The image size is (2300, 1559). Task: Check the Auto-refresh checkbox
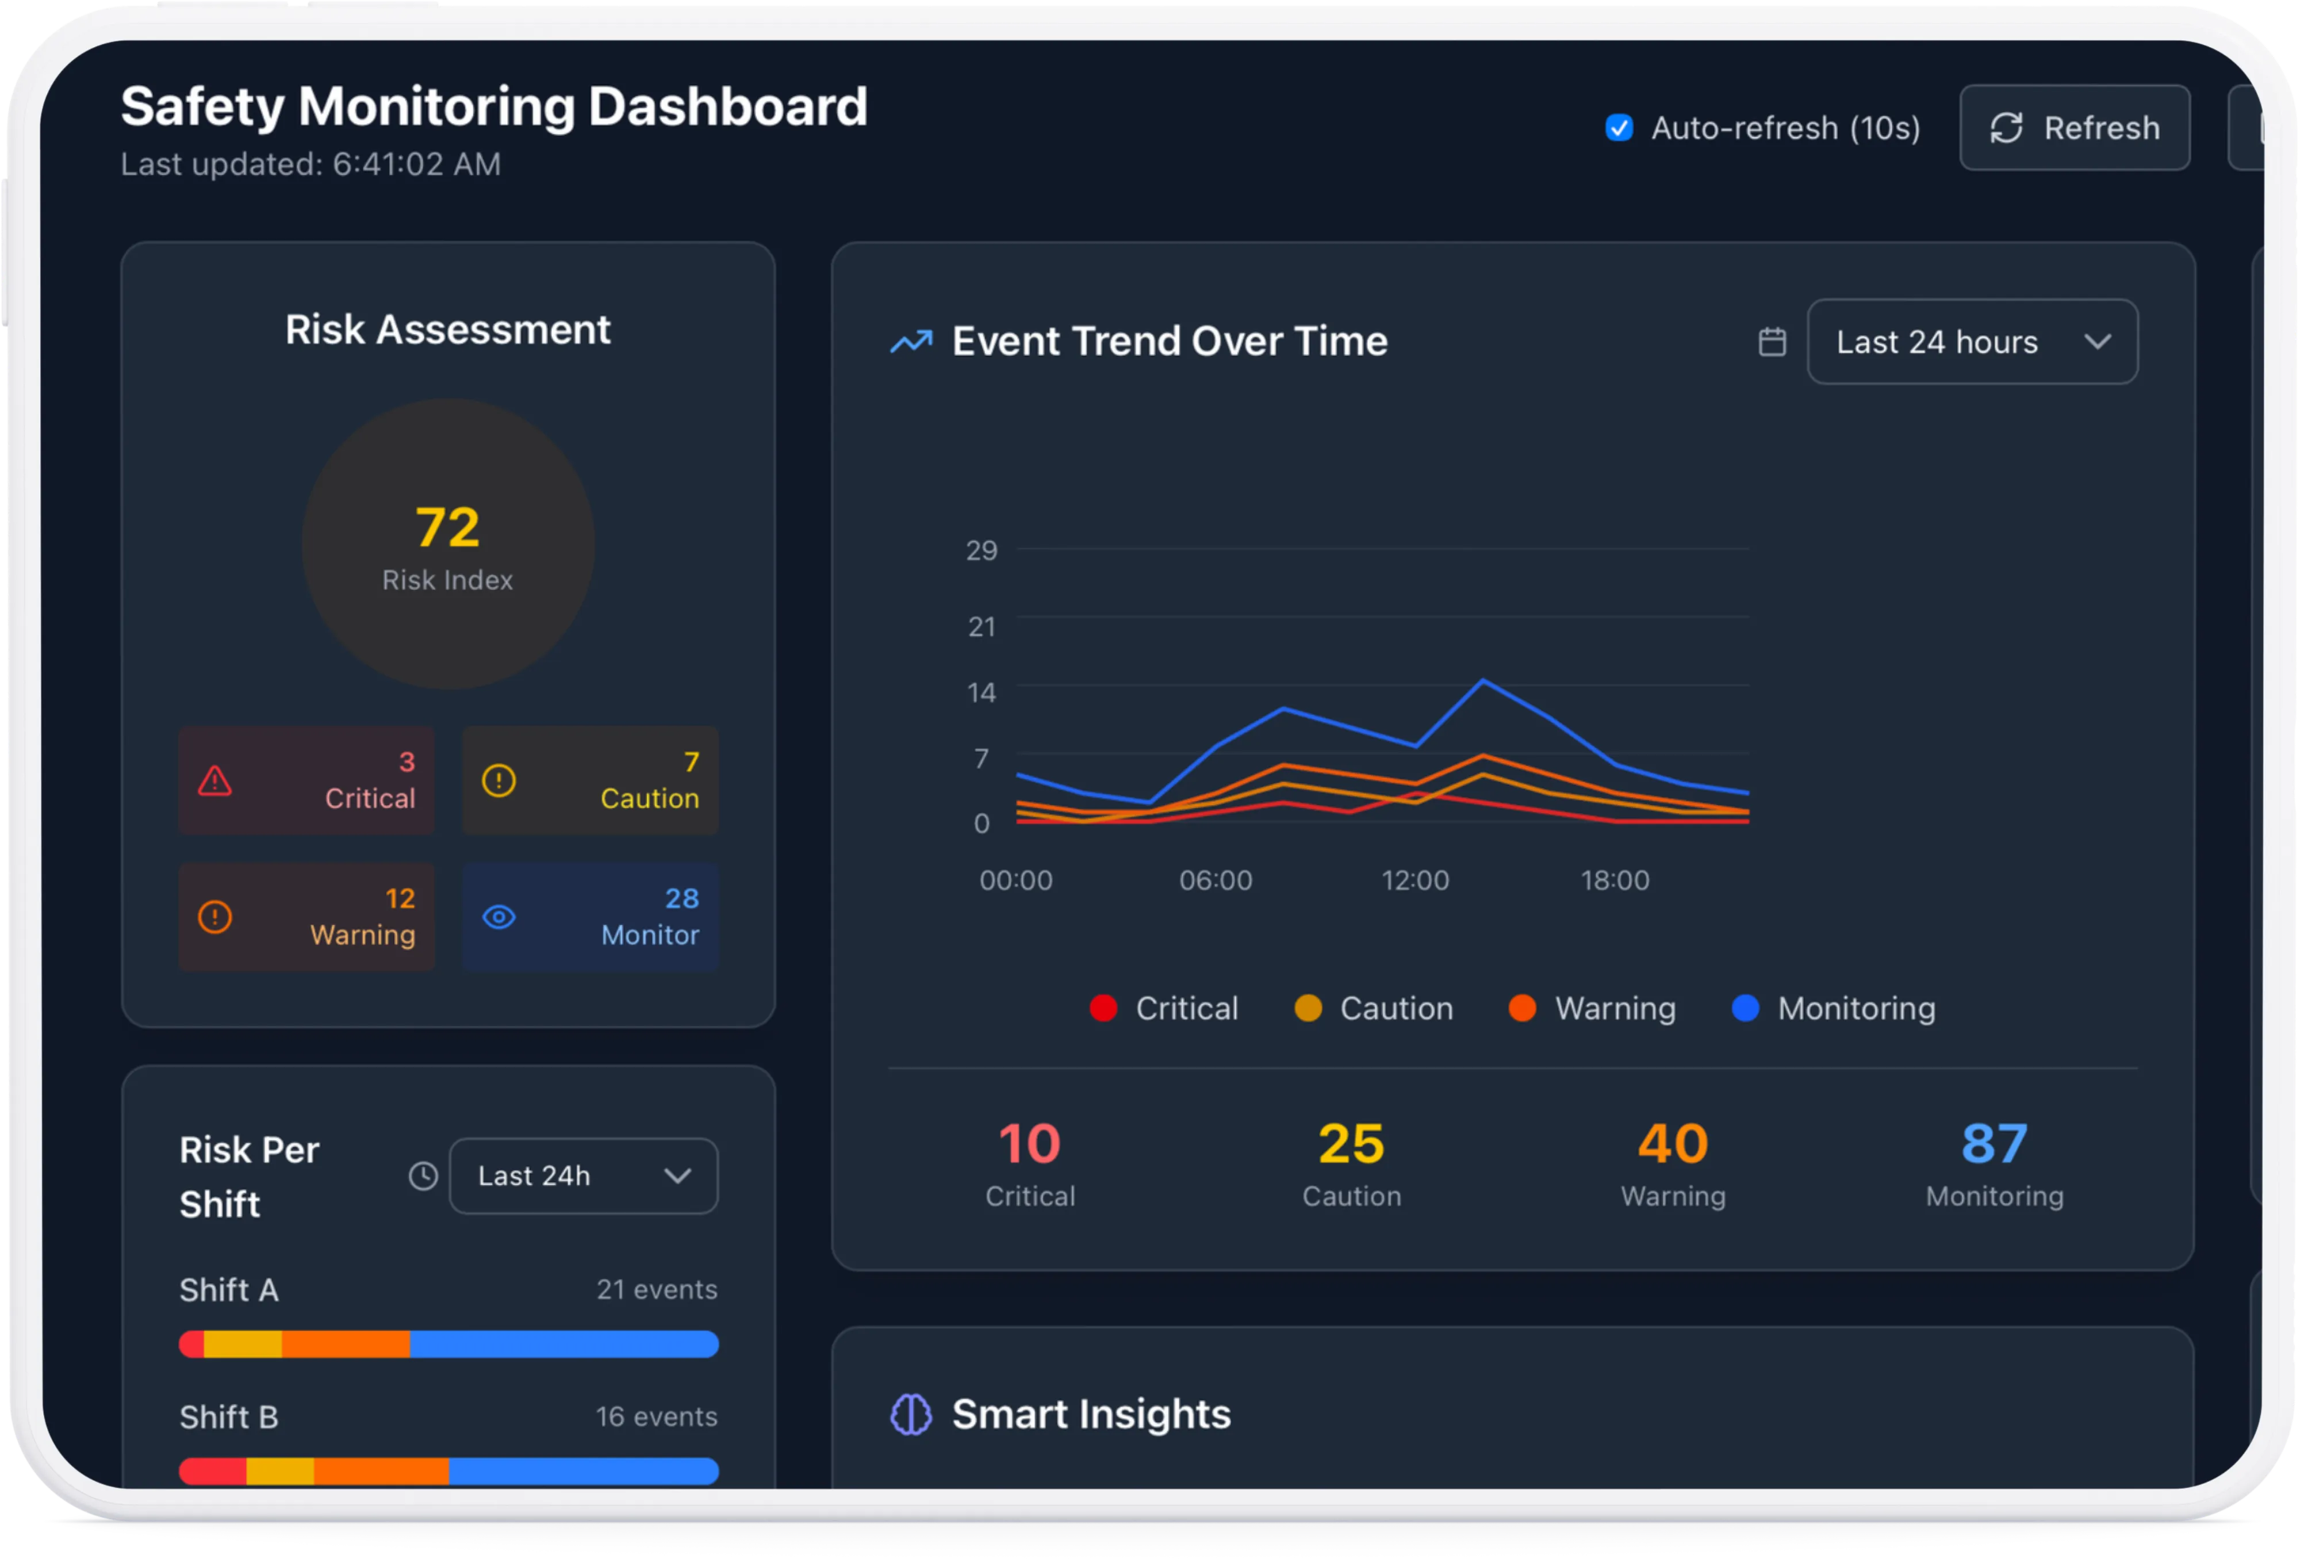pyautogui.click(x=1619, y=128)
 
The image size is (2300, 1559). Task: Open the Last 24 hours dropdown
pyautogui.click(x=1972, y=342)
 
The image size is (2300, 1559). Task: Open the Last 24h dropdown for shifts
pyautogui.click(x=583, y=1176)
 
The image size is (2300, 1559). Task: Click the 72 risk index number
pyautogui.click(x=447, y=527)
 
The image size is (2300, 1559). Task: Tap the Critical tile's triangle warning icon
pyautogui.click(x=214, y=781)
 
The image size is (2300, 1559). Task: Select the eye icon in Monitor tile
pyautogui.click(x=499, y=917)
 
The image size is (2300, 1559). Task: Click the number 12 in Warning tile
pyautogui.click(x=400, y=898)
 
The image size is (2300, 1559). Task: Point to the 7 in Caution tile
pyautogui.click(x=691, y=761)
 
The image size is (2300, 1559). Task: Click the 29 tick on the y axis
pyautogui.click(x=981, y=550)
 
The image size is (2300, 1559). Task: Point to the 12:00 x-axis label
pyautogui.click(x=1414, y=880)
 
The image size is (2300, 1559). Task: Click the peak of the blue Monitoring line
pyautogui.click(x=1482, y=680)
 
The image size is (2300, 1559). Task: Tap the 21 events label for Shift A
pyautogui.click(x=656, y=1289)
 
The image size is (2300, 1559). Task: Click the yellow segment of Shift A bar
pyautogui.click(x=243, y=1344)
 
